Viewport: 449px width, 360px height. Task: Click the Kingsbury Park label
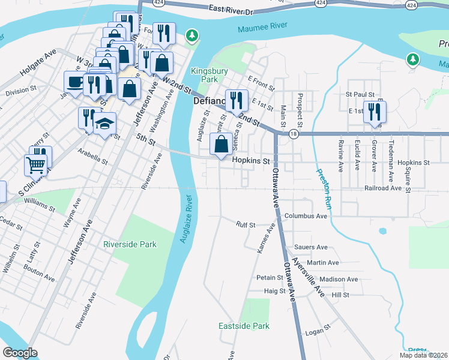(204, 74)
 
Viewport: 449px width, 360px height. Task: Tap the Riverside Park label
(130, 244)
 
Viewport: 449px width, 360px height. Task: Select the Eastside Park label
(243, 326)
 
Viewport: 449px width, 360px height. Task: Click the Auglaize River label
(187, 220)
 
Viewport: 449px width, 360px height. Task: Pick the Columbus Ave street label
(306, 215)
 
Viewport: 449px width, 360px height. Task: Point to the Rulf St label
(246, 225)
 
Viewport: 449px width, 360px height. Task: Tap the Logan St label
(318, 329)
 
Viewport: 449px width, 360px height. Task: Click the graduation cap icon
(105, 124)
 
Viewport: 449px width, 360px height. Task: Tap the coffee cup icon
(75, 82)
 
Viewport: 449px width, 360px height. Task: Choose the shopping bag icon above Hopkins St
(221, 144)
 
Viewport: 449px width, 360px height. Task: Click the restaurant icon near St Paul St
(375, 112)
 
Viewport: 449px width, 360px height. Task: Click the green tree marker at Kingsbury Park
(192, 35)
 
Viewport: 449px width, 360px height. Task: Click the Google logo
(20, 353)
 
